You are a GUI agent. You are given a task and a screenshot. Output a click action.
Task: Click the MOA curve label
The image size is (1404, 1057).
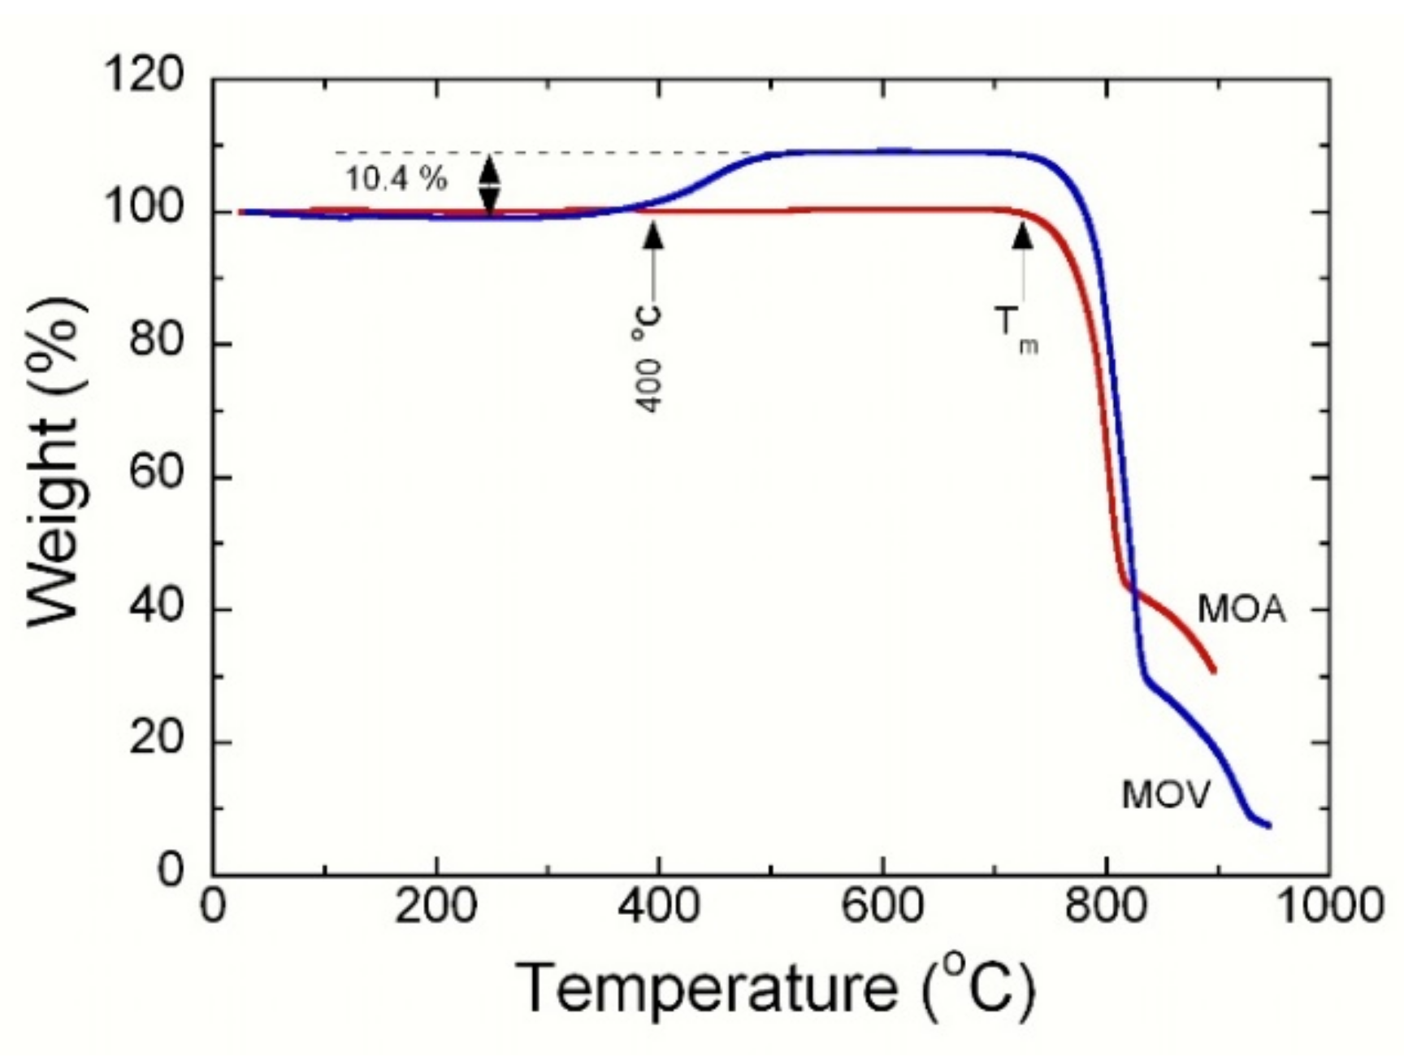click(1242, 610)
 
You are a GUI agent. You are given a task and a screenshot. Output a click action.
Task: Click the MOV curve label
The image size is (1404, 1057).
click(1166, 794)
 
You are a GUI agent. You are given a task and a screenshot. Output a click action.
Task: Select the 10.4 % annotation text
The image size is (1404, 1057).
click(396, 180)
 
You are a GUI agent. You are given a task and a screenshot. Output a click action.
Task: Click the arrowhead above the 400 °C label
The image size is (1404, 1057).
click(653, 234)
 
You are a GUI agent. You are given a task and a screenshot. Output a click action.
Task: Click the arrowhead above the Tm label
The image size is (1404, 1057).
click(1023, 235)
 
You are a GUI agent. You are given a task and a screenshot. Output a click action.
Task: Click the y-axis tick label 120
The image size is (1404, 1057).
click(144, 77)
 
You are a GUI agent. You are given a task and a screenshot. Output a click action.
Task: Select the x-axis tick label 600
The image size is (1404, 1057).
click(882, 905)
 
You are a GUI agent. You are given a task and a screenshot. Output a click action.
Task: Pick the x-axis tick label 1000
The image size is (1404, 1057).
click(1330, 905)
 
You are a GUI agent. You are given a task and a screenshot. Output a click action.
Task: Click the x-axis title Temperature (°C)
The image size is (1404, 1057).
click(776, 987)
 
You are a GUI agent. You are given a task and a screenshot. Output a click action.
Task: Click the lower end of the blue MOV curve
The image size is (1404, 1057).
click(1267, 825)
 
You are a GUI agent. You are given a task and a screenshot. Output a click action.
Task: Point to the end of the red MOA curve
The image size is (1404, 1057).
click(1213, 671)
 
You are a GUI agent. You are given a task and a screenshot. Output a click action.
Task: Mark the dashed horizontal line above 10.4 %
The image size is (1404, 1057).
click(536, 152)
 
